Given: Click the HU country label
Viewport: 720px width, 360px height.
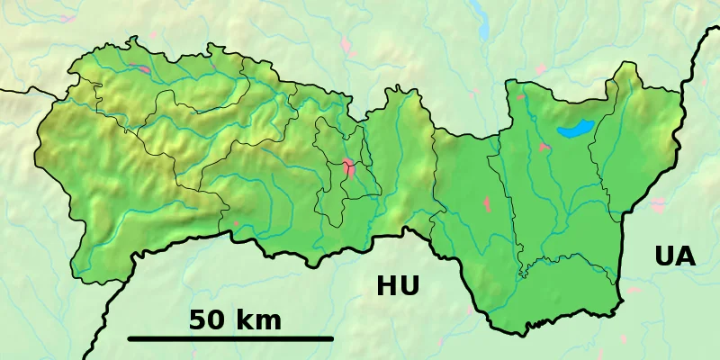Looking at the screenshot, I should pos(398,286).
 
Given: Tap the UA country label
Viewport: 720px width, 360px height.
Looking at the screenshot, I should pos(675,256).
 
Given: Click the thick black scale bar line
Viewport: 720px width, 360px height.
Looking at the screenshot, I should pos(230,338).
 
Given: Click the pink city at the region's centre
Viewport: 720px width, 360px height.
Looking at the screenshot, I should pos(348,166).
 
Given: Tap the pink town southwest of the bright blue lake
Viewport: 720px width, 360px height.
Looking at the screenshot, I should pos(544,147).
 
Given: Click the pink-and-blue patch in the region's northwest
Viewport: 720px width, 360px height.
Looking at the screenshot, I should pos(139,67).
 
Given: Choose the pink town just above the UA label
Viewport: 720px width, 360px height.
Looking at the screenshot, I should pos(657,204).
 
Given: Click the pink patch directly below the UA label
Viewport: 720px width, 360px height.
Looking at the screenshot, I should pos(634,290).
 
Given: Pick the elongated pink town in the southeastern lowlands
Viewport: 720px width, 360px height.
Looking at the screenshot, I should pos(487,203).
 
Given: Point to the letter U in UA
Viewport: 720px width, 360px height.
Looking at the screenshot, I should pos(664,256).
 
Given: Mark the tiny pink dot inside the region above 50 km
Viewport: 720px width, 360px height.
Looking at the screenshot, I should pos(237,223).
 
